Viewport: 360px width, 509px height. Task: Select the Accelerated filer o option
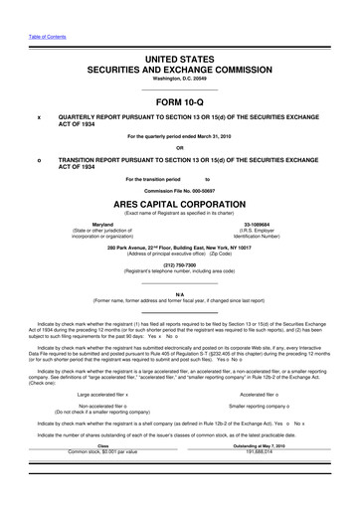point(249,396)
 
